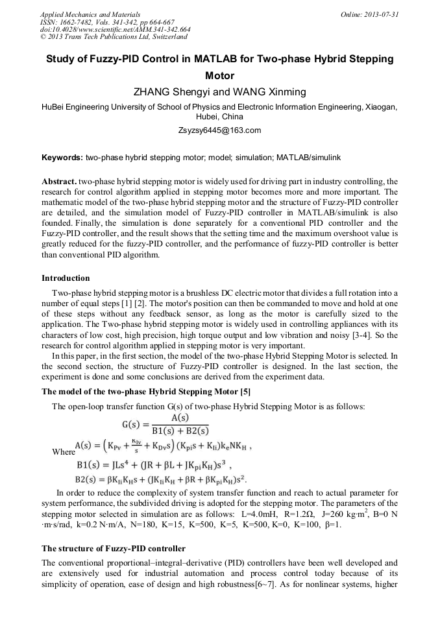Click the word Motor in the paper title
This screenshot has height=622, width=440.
point(219,75)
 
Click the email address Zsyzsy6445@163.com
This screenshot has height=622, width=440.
point(219,130)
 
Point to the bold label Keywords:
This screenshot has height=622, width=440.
point(62,158)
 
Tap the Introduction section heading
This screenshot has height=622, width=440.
point(66,278)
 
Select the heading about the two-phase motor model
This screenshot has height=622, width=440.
point(146,391)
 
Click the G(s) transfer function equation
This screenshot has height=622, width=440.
point(165,425)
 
